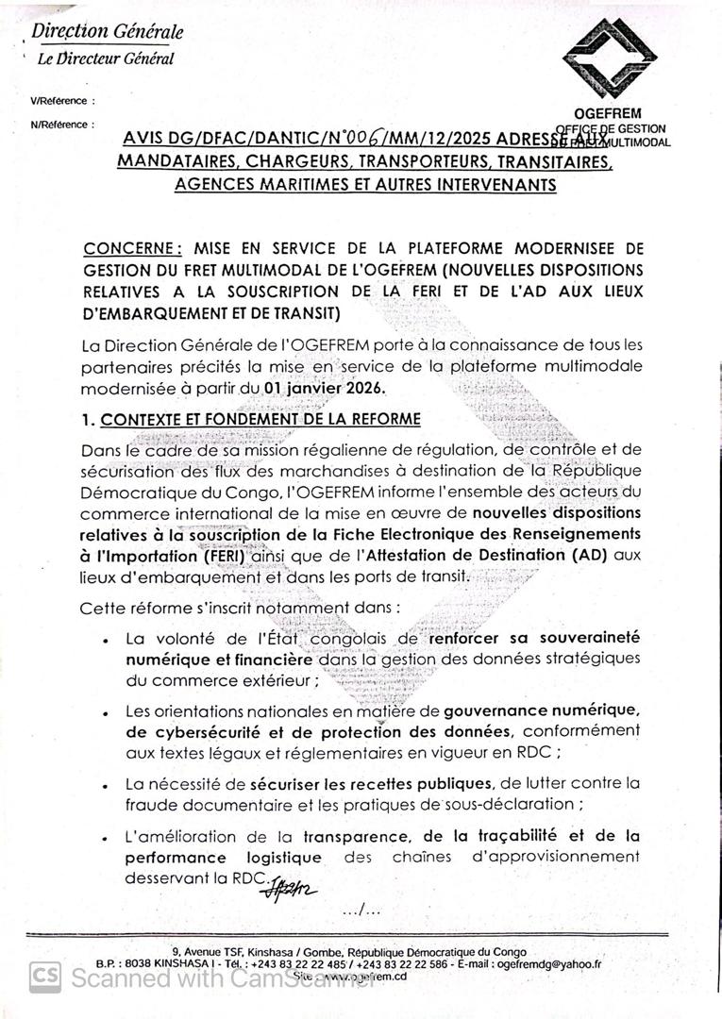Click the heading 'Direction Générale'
108,32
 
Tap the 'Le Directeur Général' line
106,58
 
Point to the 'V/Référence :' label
62,100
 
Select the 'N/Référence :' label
62,124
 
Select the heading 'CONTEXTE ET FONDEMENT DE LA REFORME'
260,419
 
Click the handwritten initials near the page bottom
292,888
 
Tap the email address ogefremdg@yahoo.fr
548,964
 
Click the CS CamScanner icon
44,977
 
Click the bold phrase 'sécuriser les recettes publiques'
371,784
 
